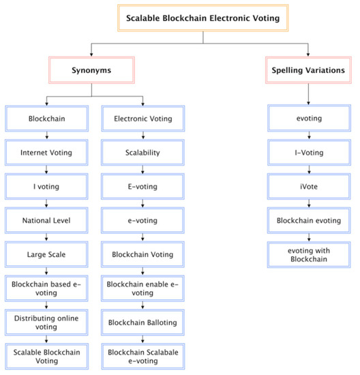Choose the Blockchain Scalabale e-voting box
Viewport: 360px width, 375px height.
143,355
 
